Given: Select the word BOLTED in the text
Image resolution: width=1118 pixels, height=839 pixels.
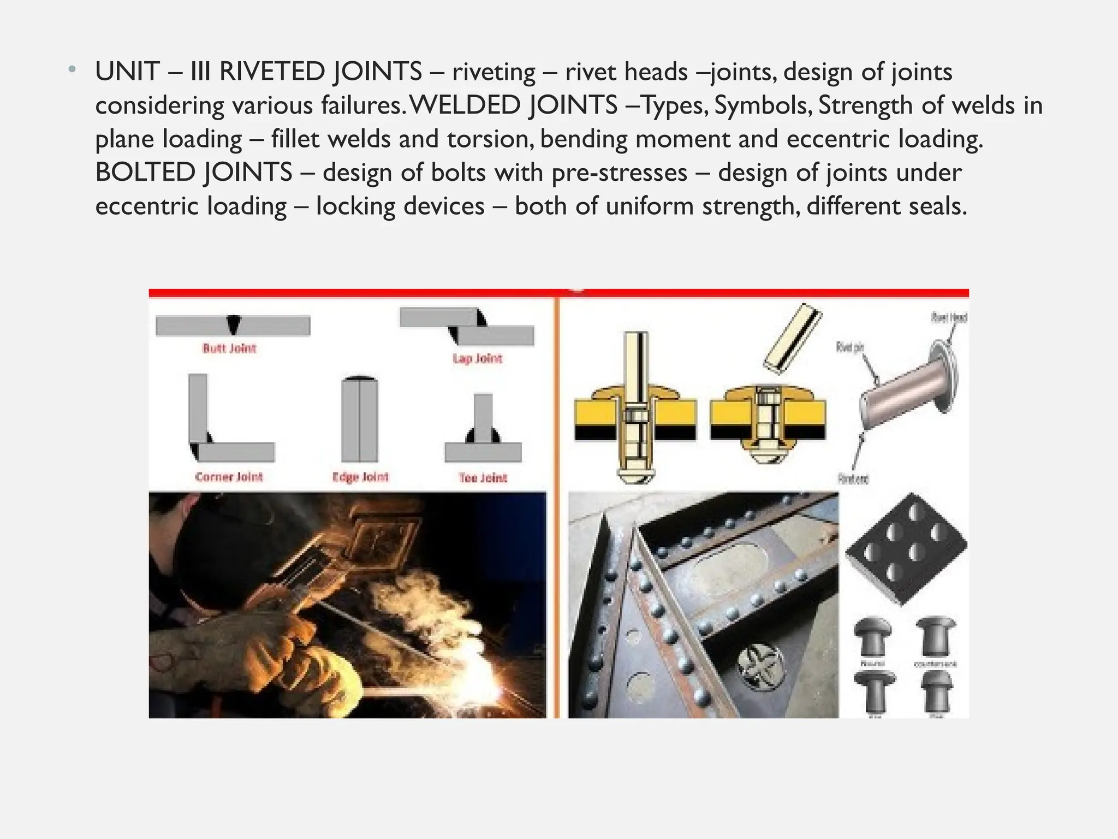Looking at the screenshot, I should (x=146, y=173).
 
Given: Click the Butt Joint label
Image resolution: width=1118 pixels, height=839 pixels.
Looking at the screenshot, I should (x=229, y=348).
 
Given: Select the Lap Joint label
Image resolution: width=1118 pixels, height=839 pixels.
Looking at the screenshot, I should (x=477, y=358).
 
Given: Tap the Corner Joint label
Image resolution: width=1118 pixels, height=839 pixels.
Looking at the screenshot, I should (x=229, y=477).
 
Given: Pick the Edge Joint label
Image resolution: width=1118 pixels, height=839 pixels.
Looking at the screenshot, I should (x=360, y=477).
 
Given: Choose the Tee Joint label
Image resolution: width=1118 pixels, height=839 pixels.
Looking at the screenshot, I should (x=483, y=478).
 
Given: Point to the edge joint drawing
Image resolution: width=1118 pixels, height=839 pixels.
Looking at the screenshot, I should (x=360, y=419).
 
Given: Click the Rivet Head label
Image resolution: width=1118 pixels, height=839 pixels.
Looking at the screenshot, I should (x=949, y=317).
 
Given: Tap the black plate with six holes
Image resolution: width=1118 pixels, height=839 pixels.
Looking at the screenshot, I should (x=906, y=549).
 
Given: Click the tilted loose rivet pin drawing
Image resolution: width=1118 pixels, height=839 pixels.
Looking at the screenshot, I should (x=793, y=338).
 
